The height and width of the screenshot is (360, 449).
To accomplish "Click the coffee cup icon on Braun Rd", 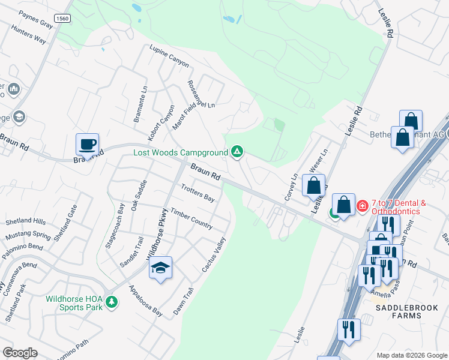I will [x=88, y=145].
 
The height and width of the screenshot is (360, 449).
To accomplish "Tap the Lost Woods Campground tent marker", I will [x=237, y=152].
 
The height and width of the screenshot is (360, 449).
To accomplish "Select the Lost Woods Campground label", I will [x=181, y=152].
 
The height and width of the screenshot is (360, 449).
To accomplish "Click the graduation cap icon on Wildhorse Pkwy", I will [x=160, y=268].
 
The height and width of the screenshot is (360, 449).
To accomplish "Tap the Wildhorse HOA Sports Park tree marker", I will [x=111, y=301].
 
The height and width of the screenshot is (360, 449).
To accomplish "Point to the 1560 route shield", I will [x=62, y=19].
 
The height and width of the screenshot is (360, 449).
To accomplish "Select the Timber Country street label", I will [x=191, y=218].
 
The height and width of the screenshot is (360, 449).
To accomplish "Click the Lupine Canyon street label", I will [x=169, y=56].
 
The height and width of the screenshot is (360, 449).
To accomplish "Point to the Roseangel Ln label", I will [x=200, y=94].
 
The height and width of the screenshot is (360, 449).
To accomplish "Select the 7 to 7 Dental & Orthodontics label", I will [x=399, y=207].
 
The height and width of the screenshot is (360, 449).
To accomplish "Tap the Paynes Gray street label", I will [x=35, y=19].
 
